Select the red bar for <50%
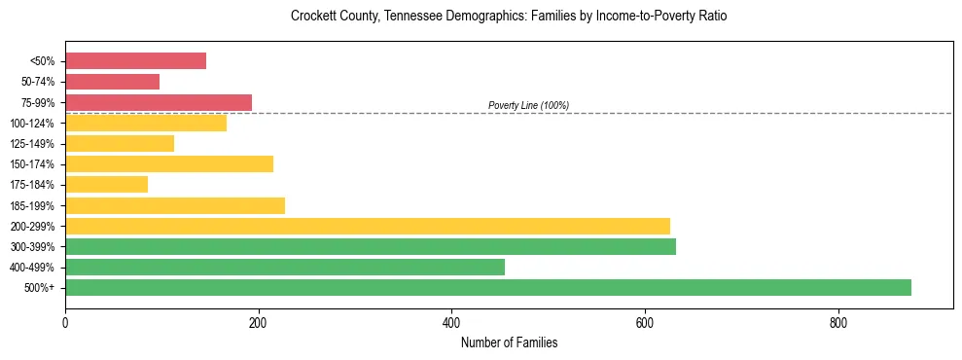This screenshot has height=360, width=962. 135,61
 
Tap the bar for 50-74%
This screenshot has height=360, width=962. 112,82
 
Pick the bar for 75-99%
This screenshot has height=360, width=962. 159,102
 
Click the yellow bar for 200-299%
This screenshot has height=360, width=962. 368,226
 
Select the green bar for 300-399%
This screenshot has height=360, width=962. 371,246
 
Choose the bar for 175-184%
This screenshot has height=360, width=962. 106,184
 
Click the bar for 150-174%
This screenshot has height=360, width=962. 169,163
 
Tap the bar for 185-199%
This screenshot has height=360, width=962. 175,205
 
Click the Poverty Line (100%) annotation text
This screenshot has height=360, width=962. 528,105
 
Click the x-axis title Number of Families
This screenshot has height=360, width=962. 509,342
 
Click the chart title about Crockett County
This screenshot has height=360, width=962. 509,17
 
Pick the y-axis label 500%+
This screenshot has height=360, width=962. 39,288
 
